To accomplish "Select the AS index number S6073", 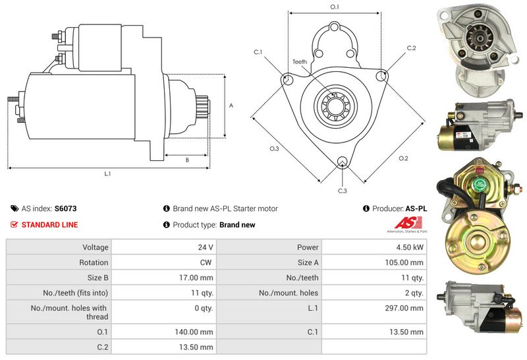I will pos(65,208).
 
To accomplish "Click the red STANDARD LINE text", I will pos(49,225).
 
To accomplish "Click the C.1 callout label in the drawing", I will pos(258,52).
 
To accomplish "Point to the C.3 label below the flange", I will pos(343,191).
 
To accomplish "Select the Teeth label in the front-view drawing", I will pos(300,62).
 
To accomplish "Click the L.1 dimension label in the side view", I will pos(107,174).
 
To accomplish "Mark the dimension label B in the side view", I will pos(187,160).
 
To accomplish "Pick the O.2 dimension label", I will pos(403,158).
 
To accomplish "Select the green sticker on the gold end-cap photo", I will pos(480,186).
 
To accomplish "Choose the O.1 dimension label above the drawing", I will pos(334,7).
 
